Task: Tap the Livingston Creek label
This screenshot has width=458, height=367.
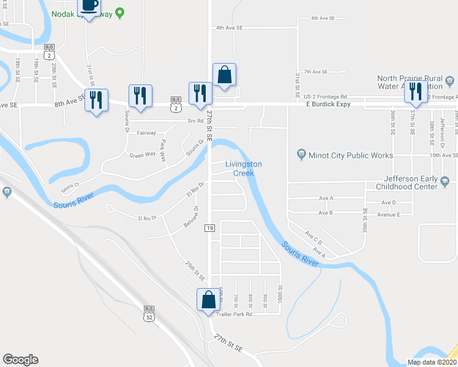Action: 244,168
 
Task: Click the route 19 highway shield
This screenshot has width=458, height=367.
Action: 209,228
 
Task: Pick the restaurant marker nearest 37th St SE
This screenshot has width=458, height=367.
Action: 415,92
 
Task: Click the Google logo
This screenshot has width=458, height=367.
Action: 20,360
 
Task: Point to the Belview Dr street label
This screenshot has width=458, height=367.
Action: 192,217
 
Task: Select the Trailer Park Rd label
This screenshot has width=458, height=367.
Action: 235,314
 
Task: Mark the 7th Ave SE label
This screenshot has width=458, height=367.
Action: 317,72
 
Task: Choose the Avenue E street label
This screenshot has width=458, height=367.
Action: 389,215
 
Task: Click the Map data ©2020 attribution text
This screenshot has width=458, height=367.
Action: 432,362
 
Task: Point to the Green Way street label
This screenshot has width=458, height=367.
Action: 143,155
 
